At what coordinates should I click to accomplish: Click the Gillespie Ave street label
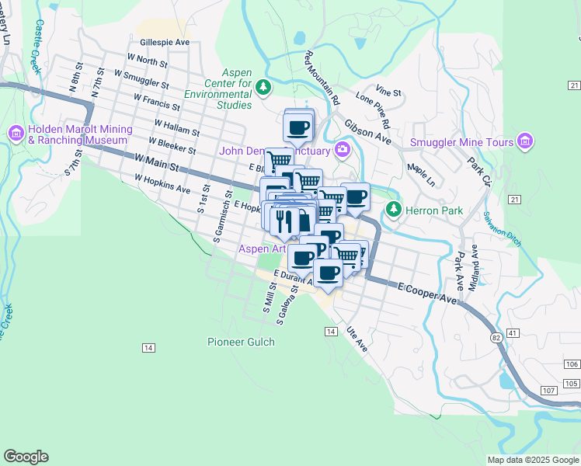click(x=162, y=42)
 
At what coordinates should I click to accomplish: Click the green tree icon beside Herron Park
click(x=395, y=210)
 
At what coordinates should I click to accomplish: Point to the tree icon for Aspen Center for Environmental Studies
click(x=265, y=85)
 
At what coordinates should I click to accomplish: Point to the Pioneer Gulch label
click(x=240, y=342)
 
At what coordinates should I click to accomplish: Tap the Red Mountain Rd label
click(x=322, y=78)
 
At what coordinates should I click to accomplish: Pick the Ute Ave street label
click(x=357, y=338)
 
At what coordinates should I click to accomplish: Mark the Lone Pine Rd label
click(x=373, y=108)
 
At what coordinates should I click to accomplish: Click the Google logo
click(x=26, y=457)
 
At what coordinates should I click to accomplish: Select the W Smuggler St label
click(x=141, y=78)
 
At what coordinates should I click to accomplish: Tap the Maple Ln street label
click(x=421, y=176)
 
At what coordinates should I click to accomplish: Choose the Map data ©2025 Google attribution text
click(x=533, y=460)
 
